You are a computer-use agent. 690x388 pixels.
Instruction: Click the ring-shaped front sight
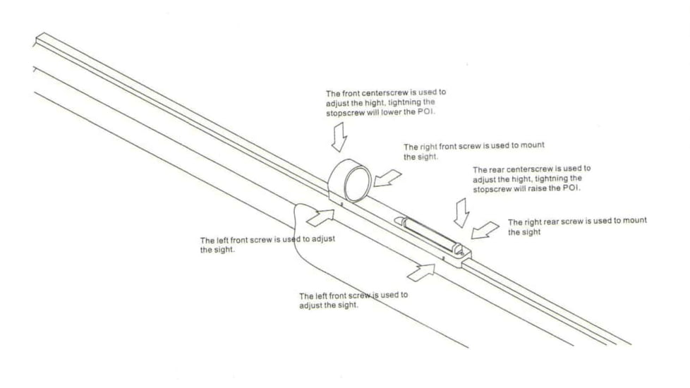[349, 181]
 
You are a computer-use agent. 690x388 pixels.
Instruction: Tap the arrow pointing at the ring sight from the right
[387, 178]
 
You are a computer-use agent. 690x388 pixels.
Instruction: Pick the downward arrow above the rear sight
[461, 213]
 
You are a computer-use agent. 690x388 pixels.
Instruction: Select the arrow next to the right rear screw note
[485, 231]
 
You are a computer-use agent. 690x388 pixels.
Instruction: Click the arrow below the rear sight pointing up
[421, 272]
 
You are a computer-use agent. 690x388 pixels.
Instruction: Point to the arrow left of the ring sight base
[320, 218]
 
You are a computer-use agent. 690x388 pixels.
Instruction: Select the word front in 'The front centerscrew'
[351, 93]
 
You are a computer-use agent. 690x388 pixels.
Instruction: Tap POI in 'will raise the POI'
[571, 188]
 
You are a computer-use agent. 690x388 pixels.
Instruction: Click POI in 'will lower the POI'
[426, 111]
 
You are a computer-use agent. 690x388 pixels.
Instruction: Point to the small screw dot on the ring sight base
[342, 204]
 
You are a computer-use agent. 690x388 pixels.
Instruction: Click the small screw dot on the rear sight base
[444, 258]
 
